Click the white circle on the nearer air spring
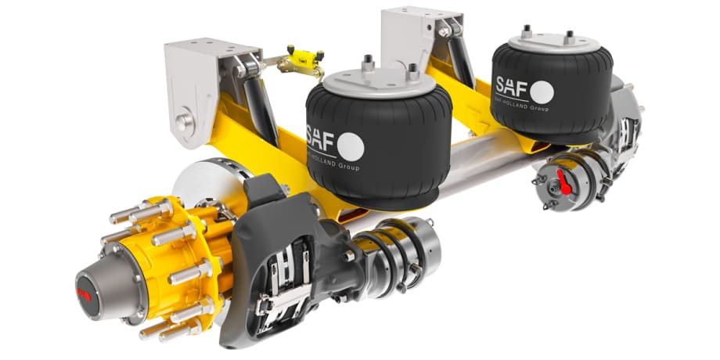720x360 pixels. click(350, 145)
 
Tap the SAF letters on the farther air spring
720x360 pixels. click(510, 85)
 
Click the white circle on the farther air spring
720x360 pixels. click(541, 92)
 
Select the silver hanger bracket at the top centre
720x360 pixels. click(412, 39)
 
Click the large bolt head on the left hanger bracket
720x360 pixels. click(183, 121)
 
